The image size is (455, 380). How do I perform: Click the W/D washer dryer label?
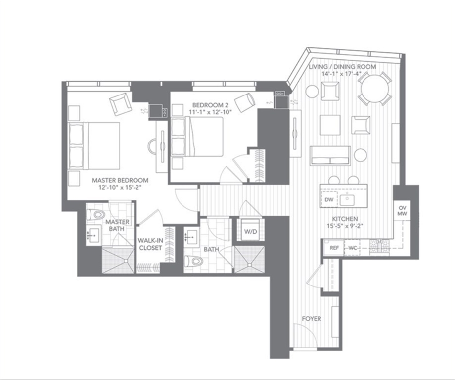250,232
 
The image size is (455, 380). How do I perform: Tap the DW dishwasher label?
329,200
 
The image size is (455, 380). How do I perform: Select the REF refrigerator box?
334,248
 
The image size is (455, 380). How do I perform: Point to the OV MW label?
403,211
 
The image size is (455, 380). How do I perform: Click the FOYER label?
312,319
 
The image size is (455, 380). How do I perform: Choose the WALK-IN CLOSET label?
150,244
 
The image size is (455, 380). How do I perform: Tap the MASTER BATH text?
117,225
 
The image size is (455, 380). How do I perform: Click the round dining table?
375,89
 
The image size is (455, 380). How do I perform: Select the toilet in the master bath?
96,215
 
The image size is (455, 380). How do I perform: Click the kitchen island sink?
347,200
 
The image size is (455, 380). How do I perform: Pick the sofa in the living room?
330,155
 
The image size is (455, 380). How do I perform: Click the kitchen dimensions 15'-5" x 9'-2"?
345,226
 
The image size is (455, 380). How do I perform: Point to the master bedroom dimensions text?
120,187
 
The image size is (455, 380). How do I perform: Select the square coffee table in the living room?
330,125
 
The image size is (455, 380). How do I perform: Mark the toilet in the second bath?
194,261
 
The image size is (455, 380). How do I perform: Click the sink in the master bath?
93,235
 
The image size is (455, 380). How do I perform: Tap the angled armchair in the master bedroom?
120,104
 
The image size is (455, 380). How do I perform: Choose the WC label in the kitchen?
352,248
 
